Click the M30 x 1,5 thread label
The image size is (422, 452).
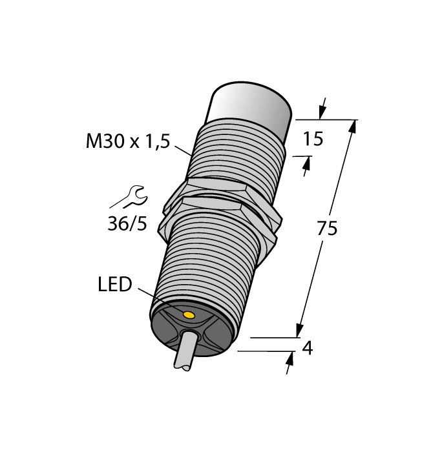tap(127, 141)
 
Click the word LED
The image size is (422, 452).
tap(115, 284)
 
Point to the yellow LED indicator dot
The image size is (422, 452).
tap(189, 315)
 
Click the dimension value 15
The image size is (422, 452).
tap(313, 139)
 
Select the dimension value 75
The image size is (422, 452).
tap(328, 229)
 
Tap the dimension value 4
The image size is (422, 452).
tap(308, 348)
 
